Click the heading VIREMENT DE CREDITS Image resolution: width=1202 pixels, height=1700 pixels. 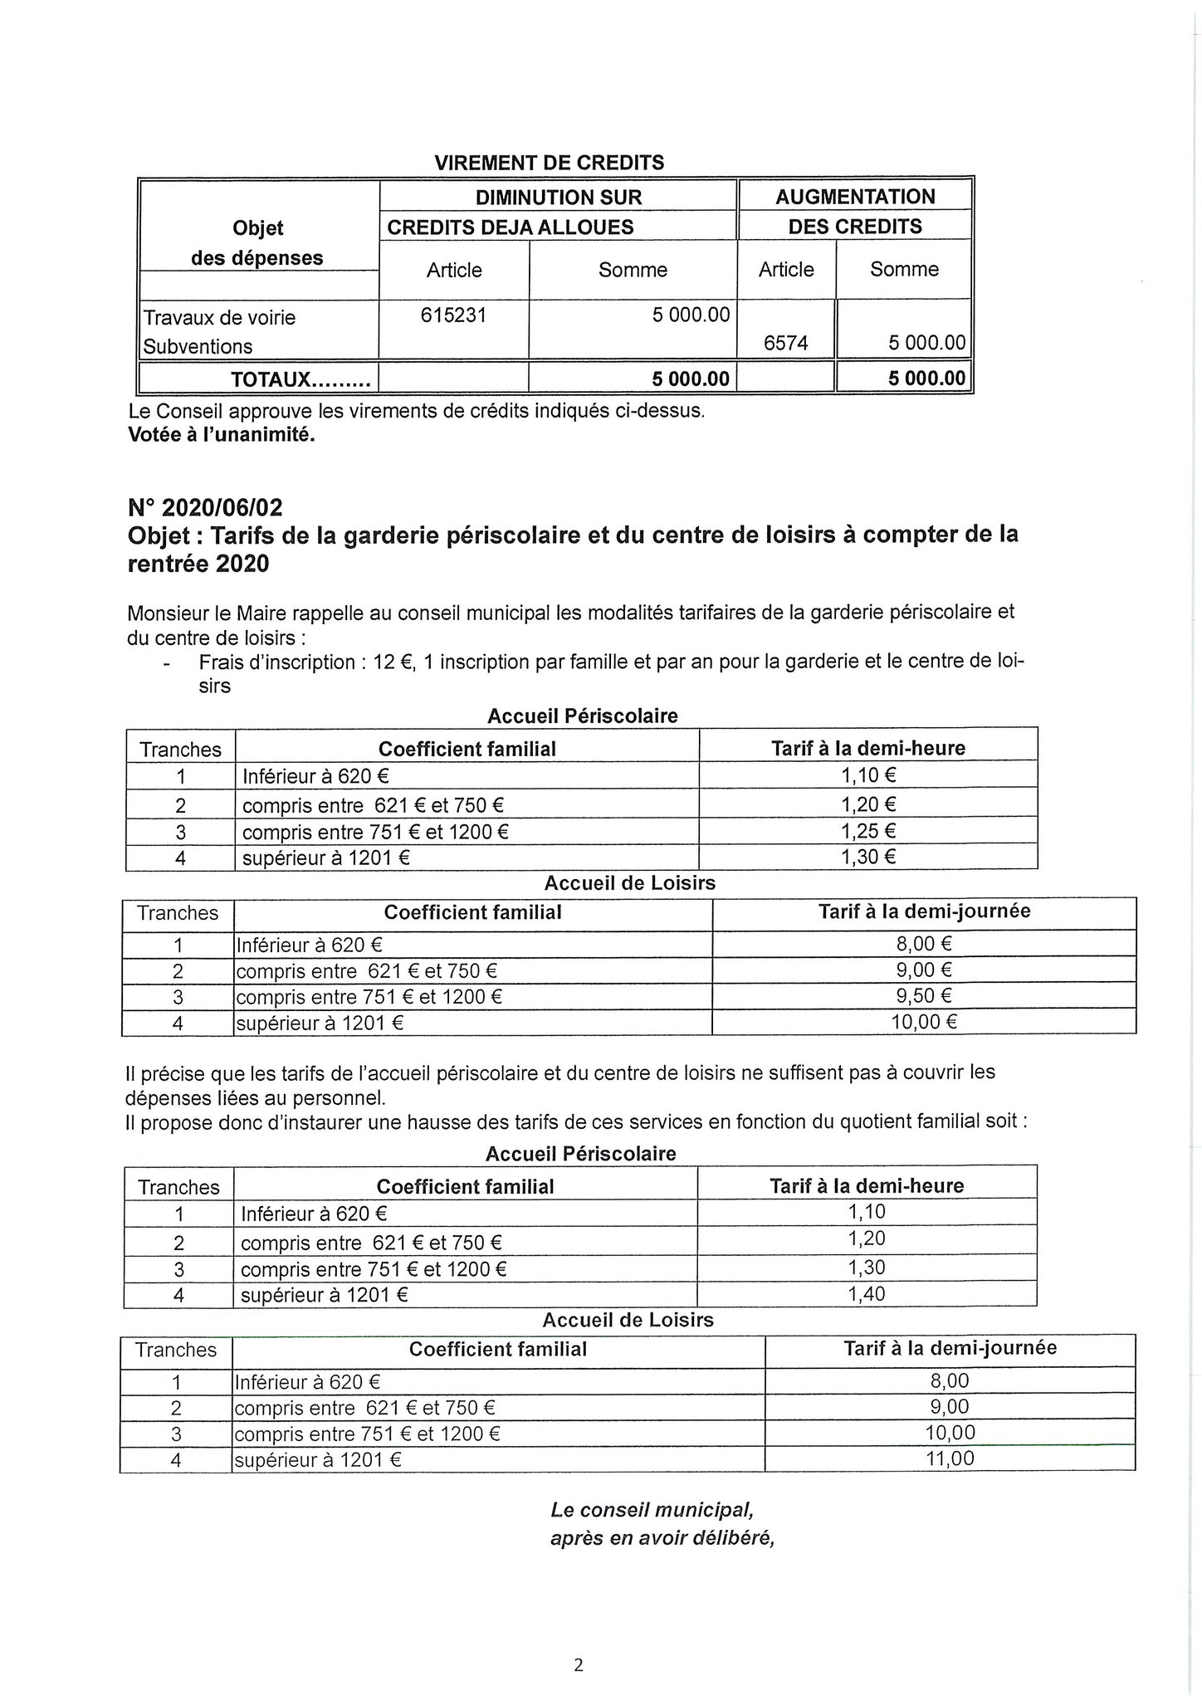pos(550,163)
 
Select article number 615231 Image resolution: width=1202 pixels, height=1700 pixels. pos(454,315)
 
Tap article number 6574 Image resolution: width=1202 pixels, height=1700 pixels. pos(785,343)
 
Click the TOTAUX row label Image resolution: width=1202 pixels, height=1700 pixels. pos(300,379)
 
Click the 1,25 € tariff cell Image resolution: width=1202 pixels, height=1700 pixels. pos(867,831)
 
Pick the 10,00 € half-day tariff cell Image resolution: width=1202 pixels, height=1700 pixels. pos(924,1022)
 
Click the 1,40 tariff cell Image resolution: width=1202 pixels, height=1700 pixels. pos(867,1294)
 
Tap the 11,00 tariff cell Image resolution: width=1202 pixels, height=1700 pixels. pos(950,1458)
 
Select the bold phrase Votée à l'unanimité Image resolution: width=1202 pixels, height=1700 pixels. pos(222,436)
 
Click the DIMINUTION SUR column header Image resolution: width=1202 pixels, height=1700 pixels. pos(559,197)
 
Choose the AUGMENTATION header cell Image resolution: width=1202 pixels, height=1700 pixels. pos(855,197)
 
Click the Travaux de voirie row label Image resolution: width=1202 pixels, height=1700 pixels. pos(220,318)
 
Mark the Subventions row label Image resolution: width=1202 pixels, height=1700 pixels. pos(198,346)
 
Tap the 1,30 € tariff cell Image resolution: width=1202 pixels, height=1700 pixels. pos(867,857)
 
